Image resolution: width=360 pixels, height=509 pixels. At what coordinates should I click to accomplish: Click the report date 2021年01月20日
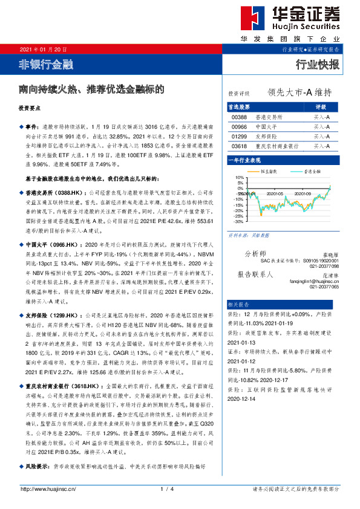tap(44, 49)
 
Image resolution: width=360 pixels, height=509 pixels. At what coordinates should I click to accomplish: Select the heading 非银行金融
tap(46, 63)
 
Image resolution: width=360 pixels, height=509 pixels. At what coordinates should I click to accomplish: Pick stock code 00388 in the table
tap(240, 117)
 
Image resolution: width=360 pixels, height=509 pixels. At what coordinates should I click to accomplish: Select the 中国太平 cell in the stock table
tap(265, 127)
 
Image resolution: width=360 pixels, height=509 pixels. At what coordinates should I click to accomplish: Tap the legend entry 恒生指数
tap(270, 172)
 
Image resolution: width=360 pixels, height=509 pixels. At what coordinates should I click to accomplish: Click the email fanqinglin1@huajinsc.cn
tap(315, 281)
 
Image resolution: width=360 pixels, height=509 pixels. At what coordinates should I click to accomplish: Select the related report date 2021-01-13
tap(242, 341)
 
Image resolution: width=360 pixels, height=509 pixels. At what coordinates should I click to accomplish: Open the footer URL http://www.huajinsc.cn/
tap(48, 488)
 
